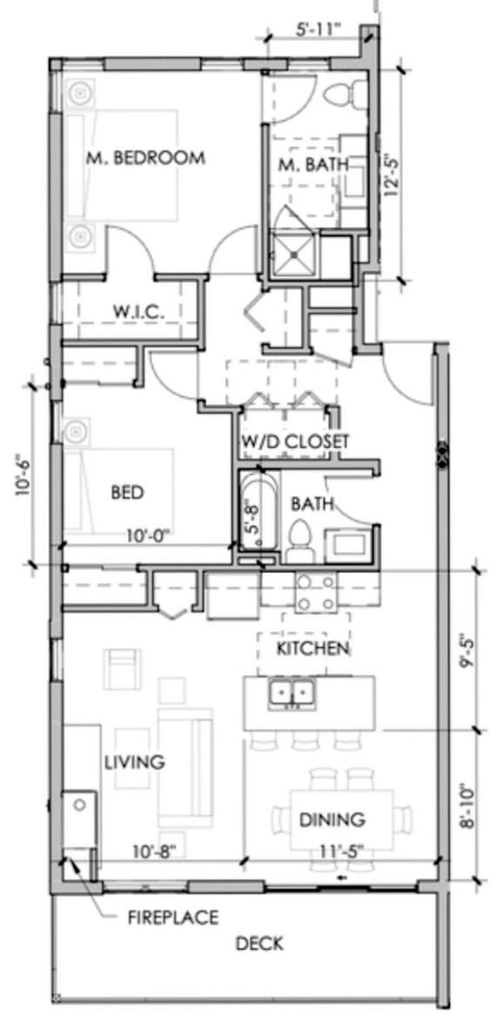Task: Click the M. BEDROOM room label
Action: click(x=145, y=158)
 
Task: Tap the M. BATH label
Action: click(x=313, y=165)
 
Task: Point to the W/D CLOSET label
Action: click(x=296, y=442)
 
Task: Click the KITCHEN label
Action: click(x=314, y=648)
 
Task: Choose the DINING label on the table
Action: click(x=332, y=820)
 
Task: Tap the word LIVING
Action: click(x=135, y=762)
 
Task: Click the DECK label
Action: click(x=259, y=942)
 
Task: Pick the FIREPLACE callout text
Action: click(x=173, y=918)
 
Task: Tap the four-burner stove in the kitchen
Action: click(x=316, y=592)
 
